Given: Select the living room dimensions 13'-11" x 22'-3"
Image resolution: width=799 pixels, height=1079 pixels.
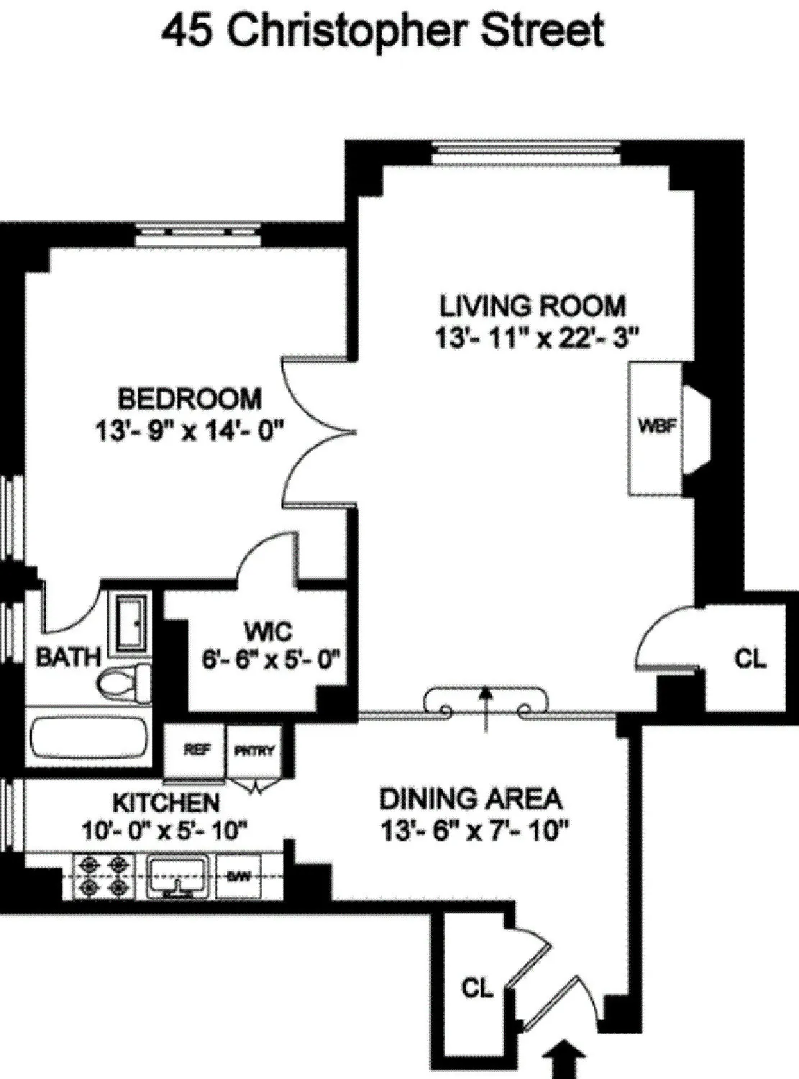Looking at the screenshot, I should coord(537,337).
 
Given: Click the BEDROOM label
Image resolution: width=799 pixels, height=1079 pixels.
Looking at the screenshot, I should coord(190,398).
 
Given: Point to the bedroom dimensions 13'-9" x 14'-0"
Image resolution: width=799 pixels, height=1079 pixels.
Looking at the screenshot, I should coord(190,431).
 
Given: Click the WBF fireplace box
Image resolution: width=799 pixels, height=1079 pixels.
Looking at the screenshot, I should coord(655,427).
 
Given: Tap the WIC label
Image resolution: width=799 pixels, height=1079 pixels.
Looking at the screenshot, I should coord(268,632).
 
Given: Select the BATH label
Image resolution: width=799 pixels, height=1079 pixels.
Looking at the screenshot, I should coord(68,656).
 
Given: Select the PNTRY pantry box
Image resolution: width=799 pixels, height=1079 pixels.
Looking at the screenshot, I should coord(254,751).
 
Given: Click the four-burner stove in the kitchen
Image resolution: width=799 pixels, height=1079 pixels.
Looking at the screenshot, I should coord(105,875).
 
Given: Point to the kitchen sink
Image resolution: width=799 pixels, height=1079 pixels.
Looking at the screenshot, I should coord(178,875).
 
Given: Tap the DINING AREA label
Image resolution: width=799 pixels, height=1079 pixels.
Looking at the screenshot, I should coord(470,798).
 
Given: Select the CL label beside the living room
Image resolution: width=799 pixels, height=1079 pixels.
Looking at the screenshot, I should coord(750,658).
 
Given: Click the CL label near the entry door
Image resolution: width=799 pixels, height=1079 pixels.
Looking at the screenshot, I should coord(477,989).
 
